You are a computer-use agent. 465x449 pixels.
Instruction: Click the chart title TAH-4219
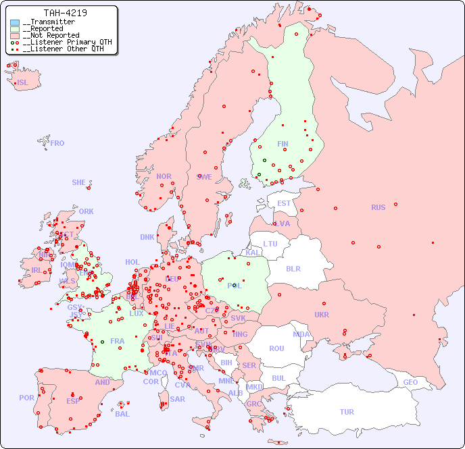coord(65,13)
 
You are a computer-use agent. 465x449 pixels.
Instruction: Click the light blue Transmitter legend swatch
coord(15,22)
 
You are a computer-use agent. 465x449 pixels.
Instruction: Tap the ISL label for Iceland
coord(23,83)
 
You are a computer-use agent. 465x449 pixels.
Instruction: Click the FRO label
coord(57,143)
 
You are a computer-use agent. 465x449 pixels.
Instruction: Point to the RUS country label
coord(378,207)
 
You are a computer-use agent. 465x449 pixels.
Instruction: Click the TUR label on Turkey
coord(347,412)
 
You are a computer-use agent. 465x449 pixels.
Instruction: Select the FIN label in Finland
coord(283,144)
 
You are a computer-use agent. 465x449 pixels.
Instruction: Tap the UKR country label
coord(322,315)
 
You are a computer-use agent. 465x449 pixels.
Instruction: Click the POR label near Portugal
coord(26,398)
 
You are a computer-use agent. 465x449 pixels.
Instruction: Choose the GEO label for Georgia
coord(410,382)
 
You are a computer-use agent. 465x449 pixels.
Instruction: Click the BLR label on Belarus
coord(293,268)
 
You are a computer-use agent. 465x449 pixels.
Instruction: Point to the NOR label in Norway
coord(164,176)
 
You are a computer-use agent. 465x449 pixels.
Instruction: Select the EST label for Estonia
coord(284,203)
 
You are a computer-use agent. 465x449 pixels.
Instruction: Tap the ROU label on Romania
coord(276,348)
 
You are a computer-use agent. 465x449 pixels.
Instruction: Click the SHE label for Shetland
coord(79,182)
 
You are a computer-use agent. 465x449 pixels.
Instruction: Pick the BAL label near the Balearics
coord(122,414)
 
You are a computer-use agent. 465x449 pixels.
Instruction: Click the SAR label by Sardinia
coord(177,399)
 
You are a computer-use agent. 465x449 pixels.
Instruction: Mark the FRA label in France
coord(118,341)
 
